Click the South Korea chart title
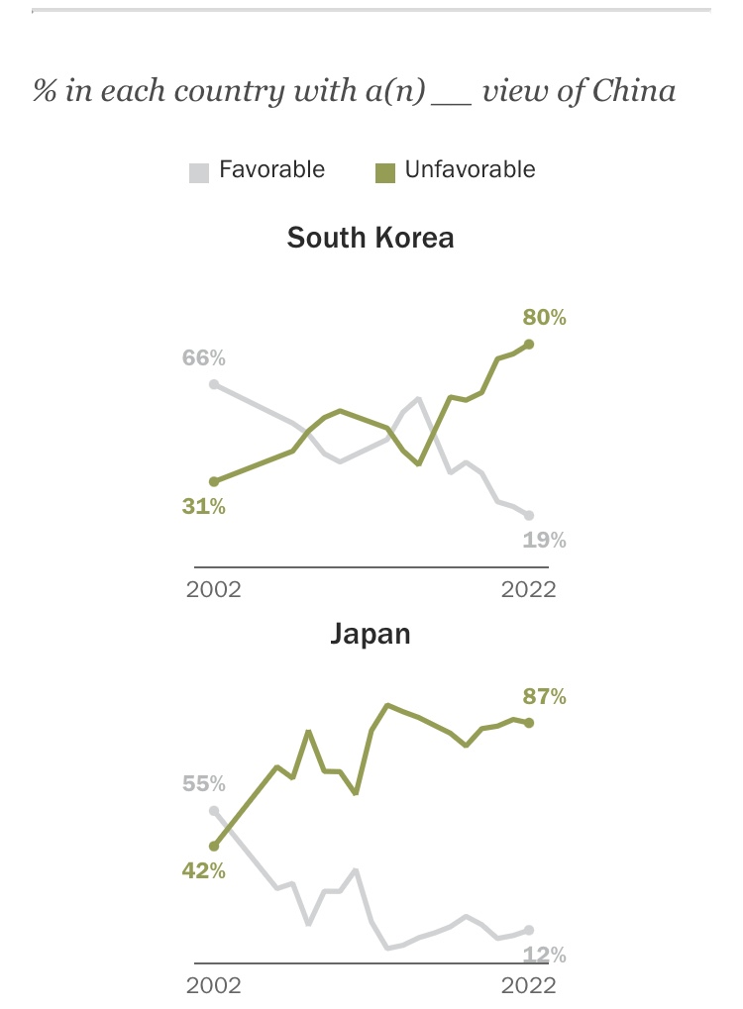tap(371, 239)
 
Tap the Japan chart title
tap(371, 634)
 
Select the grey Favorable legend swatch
tap(199, 171)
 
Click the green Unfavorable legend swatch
tap(385, 171)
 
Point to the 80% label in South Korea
tap(545, 318)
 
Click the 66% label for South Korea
tap(203, 357)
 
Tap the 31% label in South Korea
tap(203, 506)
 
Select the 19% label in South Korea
tap(545, 540)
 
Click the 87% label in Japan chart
tap(545, 697)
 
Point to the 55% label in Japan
tap(204, 784)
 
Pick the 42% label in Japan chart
tap(203, 871)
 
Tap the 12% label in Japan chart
tap(545, 956)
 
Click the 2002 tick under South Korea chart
tap(214, 590)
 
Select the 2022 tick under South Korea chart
tap(528, 590)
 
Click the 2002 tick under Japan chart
tap(214, 985)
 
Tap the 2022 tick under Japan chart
tap(528, 985)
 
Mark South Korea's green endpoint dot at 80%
tap(529, 344)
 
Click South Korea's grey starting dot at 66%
tap(214, 383)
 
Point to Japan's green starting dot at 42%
tap(214, 847)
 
